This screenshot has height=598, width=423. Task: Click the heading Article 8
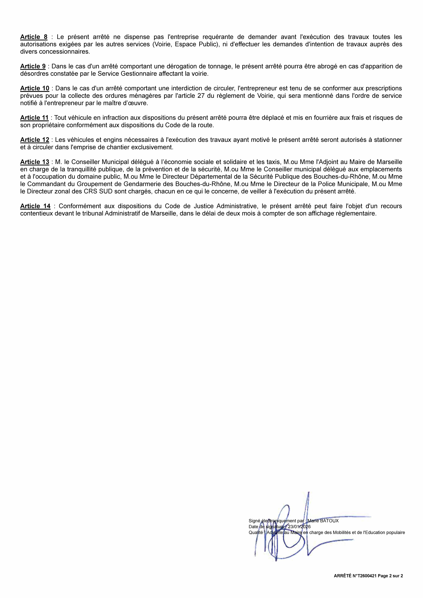pyautogui.click(x=34, y=37)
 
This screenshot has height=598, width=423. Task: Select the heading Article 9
pyautogui.click(x=33, y=66)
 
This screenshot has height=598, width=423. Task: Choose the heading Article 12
pyautogui.click(x=35, y=140)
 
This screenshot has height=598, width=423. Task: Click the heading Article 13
pyautogui.click(x=35, y=162)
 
